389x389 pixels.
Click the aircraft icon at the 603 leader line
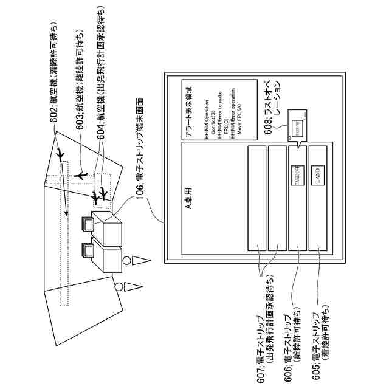coord(83,174)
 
